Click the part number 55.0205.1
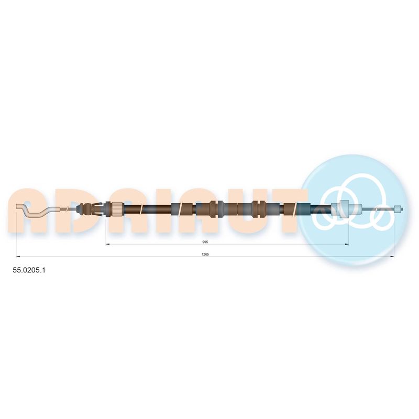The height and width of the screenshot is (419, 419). click(x=29, y=270)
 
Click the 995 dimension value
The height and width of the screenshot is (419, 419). click(x=205, y=242)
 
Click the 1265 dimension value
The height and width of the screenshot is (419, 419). click(x=205, y=255)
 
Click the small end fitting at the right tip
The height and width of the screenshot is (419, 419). click(x=398, y=209)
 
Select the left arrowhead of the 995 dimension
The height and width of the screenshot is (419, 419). click(x=108, y=244)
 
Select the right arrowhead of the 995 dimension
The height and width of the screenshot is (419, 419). click(x=347, y=244)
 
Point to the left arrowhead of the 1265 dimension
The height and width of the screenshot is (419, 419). click(x=18, y=257)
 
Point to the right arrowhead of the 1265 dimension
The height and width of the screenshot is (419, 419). click(x=392, y=257)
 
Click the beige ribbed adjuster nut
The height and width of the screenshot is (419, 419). click(x=117, y=208)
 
